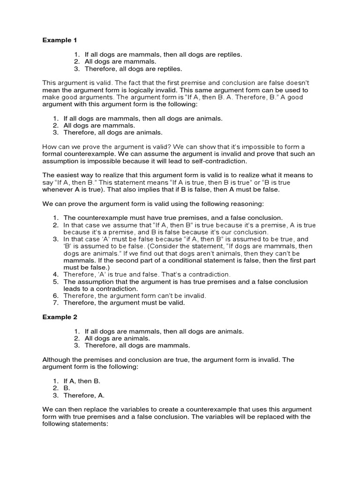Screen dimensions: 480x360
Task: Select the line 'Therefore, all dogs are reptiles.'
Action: [x=133, y=68]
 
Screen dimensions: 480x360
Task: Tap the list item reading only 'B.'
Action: [x=67, y=388]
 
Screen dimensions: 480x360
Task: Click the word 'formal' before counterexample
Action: [x=52, y=154]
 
